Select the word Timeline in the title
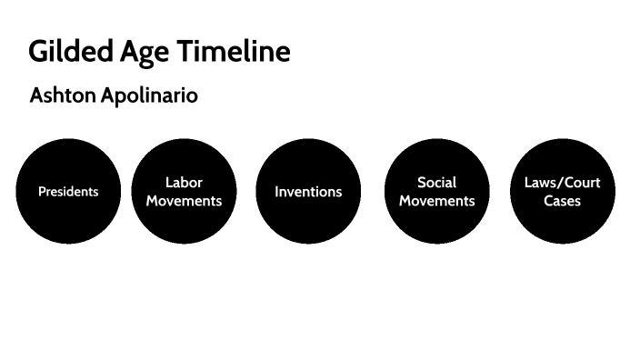click(235, 52)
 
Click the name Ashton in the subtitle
click(60, 95)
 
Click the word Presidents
click(68, 192)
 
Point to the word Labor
click(184, 183)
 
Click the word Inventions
click(308, 192)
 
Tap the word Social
click(437, 183)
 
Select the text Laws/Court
click(562, 183)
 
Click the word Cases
click(562, 201)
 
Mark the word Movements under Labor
click(184, 201)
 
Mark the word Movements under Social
click(437, 201)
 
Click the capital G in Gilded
click(39, 52)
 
